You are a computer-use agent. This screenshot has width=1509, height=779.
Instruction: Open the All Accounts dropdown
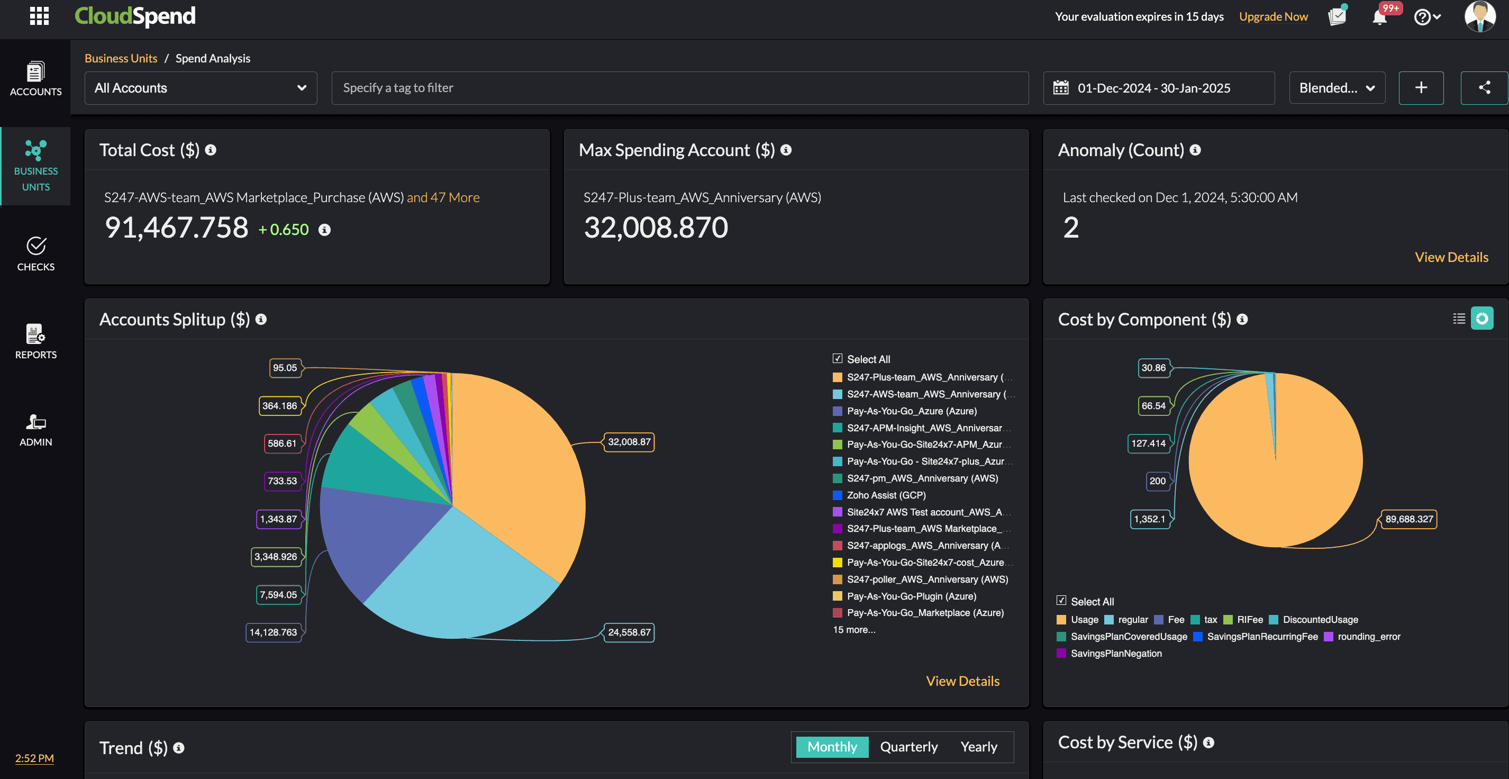pos(201,88)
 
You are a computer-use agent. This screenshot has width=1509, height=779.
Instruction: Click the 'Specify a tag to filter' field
pos(679,88)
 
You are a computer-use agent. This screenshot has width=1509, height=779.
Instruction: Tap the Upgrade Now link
pos(1273,16)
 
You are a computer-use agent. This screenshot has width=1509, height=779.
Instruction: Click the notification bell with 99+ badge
pos(1379,16)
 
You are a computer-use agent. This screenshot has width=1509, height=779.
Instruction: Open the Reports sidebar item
pos(36,341)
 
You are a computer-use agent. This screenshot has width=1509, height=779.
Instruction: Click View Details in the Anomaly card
pos(1451,257)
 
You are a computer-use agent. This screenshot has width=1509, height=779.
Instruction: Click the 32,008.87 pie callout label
pos(629,442)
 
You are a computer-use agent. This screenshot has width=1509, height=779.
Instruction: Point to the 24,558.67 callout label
pos(629,632)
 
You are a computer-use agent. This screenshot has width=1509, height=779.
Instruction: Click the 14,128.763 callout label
pos(273,632)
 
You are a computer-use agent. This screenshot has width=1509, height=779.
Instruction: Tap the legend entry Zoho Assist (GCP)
pos(886,495)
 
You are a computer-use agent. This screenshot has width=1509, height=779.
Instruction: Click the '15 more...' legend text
pos(854,630)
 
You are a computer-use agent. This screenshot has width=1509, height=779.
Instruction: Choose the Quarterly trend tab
pos(908,747)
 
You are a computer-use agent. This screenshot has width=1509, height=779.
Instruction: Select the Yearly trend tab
pos(978,747)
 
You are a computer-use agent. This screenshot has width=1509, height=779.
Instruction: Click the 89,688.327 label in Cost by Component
pos(1409,519)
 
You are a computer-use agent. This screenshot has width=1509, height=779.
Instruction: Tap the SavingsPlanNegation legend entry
pos(1115,653)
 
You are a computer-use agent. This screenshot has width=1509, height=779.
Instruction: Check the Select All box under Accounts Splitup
pos(838,358)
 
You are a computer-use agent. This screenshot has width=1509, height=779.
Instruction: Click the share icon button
pos(1484,88)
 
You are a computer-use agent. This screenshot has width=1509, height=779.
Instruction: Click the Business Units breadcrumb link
pos(121,58)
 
